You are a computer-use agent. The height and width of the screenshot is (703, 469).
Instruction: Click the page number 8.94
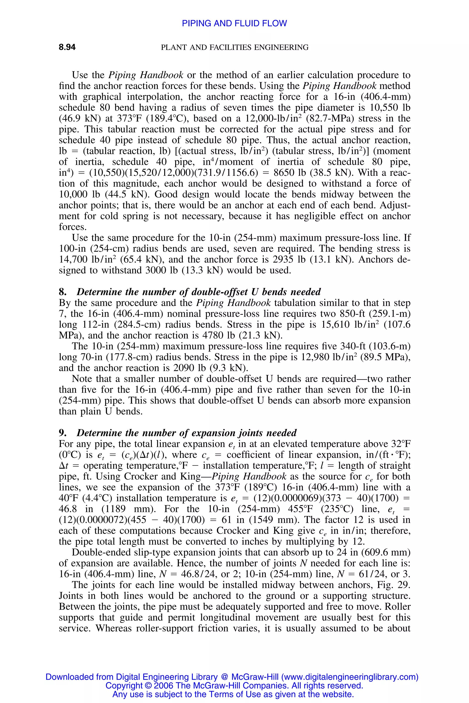point(67,47)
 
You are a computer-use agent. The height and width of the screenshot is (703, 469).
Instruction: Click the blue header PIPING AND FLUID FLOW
point(234,23)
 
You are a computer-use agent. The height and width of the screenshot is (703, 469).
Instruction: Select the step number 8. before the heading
point(63,292)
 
